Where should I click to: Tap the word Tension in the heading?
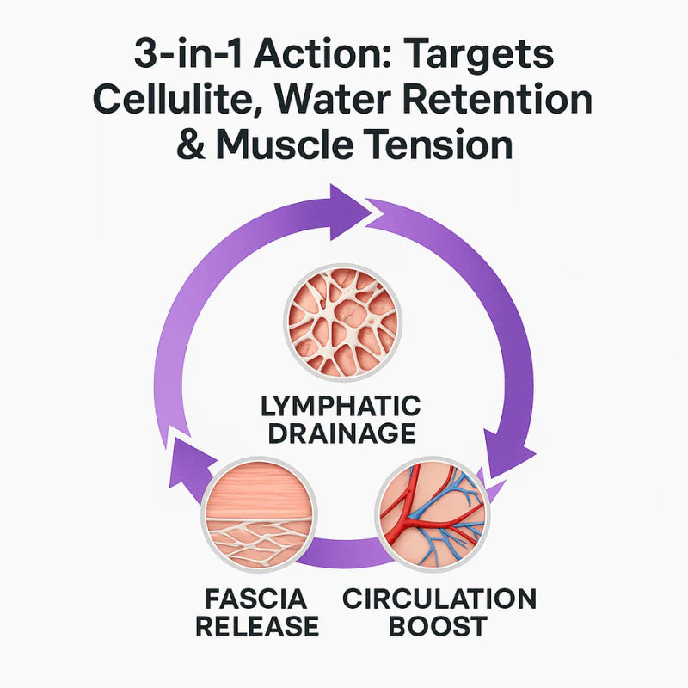click(x=452, y=144)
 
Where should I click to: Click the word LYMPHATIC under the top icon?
click(x=342, y=405)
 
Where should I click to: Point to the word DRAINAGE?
click(x=342, y=433)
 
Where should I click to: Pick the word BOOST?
click(x=439, y=626)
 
